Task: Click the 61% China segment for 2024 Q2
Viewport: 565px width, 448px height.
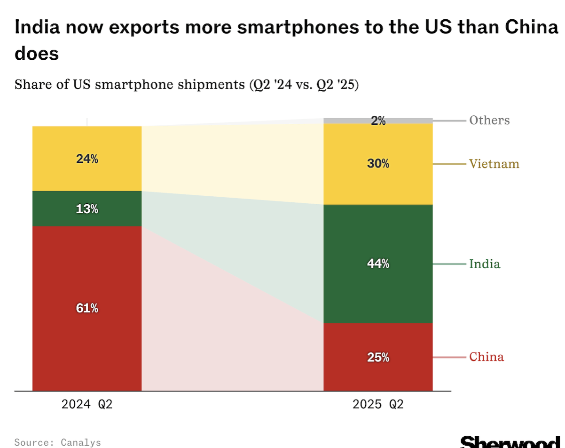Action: pos(87,308)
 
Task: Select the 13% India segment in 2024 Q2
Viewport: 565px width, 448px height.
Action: pos(87,208)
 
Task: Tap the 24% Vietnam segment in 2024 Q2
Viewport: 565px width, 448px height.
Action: pos(87,159)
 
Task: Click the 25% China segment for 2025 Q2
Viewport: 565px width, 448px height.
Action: pos(378,357)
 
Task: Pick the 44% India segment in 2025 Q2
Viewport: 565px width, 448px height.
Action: pos(378,264)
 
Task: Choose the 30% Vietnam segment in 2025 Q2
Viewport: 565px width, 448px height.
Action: pos(378,164)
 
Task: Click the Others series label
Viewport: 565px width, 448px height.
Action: pos(489,120)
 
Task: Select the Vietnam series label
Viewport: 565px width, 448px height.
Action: pos(494,164)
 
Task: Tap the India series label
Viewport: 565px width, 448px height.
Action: pos(484,264)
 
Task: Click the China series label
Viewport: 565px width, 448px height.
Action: pos(486,357)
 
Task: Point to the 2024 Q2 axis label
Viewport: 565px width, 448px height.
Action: pos(87,405)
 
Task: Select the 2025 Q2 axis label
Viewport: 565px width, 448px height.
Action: pos(378,405)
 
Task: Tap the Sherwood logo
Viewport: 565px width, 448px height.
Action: pos(510,442)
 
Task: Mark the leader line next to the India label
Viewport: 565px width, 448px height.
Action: pos(449,264)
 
